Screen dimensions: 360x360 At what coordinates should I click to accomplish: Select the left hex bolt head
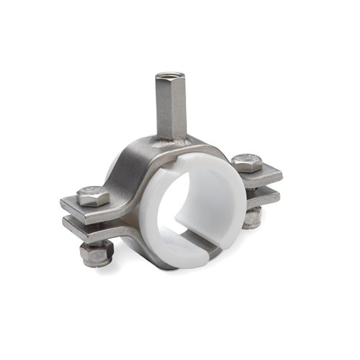[x=93, y=195]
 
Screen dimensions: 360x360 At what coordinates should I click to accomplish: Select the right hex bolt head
[x=245, y=162]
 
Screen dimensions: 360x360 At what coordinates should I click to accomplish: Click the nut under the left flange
[x=95, y=253]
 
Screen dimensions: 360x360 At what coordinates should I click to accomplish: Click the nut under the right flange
[x=252, y=217]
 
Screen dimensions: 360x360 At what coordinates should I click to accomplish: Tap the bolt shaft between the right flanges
[x=253, y=189]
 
